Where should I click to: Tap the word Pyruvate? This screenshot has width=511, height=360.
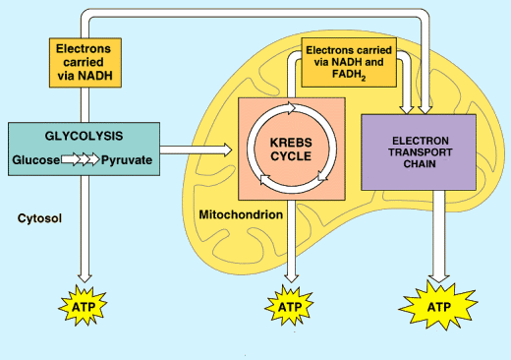pos(127,159)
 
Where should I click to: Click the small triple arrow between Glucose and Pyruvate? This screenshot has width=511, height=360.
pos(81,159)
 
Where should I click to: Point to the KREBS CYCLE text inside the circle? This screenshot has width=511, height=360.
pos(289,150)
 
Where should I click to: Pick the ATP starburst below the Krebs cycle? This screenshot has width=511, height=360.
pos(289,306)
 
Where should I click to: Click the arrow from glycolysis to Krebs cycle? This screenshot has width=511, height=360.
pos(197,150)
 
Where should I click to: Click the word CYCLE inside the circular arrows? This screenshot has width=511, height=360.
pos(289,157)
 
